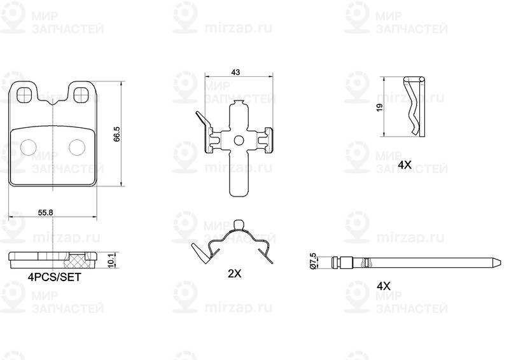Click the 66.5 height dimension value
[x=117, y=134]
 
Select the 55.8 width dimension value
[x=45, y=212]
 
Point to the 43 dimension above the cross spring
[x=235, y=72]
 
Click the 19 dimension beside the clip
[x=380, y=107]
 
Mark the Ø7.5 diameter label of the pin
[x=313, y=260]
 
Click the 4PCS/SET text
[x=55, y=277]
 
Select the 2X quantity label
[x=234, y=273]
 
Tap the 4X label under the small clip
[x=405, y=165]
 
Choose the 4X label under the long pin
[x=384, y=286]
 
